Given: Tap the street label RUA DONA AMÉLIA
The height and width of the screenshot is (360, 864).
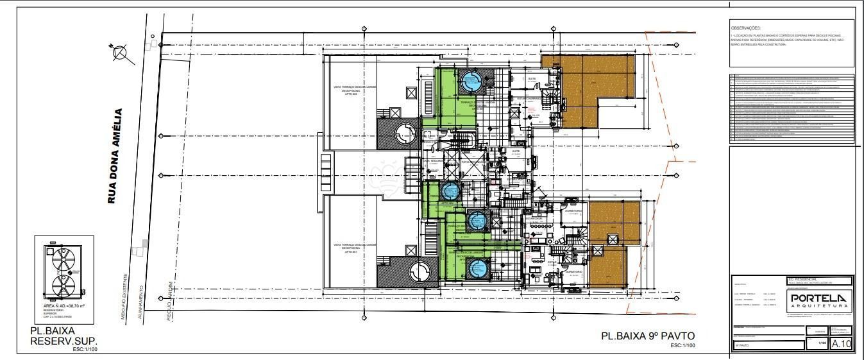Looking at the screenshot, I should [x=115, y=156].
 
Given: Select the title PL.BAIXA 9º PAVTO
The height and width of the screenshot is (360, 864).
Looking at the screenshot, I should [x=648, y=336].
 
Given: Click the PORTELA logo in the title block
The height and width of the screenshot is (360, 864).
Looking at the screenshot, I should [x=818, y=298].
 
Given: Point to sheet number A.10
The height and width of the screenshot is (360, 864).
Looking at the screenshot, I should [x=841, y=345].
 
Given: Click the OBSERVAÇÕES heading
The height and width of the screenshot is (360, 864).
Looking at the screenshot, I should [x=745, y=28].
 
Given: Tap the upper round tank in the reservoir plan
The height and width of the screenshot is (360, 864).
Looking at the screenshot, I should [x=62, y=260].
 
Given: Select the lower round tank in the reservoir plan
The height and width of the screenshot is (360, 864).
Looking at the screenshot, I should [x=62, y=286].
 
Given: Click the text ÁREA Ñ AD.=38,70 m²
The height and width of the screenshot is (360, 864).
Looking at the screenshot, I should [x=64, y=307].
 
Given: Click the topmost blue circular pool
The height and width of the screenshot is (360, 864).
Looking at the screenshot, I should [x=470, y=81].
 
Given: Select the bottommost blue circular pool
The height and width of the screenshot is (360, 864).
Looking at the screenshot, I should [x=477, y=270].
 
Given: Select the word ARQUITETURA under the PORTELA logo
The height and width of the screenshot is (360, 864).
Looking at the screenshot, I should [x=818, y=306].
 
